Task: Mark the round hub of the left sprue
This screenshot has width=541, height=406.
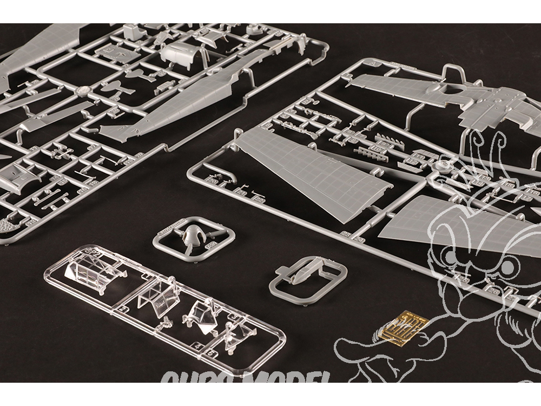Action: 82,91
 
